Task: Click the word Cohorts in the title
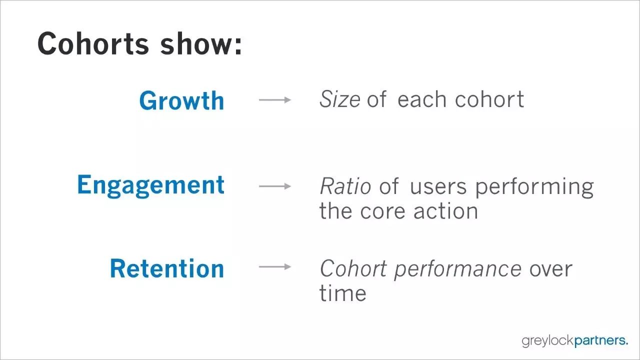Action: click(93, 43)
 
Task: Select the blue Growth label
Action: click(181, 100)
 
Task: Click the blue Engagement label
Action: click(151, 185)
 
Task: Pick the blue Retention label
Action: click(167, 268)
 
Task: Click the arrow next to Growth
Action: click(275, 99)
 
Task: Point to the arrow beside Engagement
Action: click(275, 186)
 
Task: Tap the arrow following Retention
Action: click(275, 267)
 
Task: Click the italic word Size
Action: click(339, 99)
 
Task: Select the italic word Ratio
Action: click(345, 186)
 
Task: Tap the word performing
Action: click(534, 187)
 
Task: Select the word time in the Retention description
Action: click(343, 292)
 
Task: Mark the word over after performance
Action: click(551, 270)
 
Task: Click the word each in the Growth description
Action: click(422, 99)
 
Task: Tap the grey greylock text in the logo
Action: click(547, 341)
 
